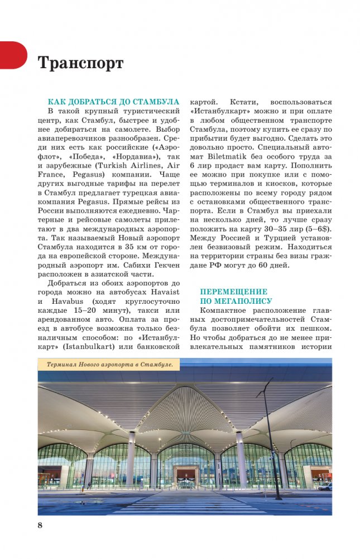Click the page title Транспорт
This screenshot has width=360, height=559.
point(80,63)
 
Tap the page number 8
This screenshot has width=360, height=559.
point(40,525)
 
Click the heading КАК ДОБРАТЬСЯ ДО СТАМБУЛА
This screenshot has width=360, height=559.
point(113,102)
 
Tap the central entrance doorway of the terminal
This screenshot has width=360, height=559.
point(187,475)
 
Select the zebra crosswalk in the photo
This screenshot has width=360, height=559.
point(184,503)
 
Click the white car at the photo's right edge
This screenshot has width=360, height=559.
point(325,485)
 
